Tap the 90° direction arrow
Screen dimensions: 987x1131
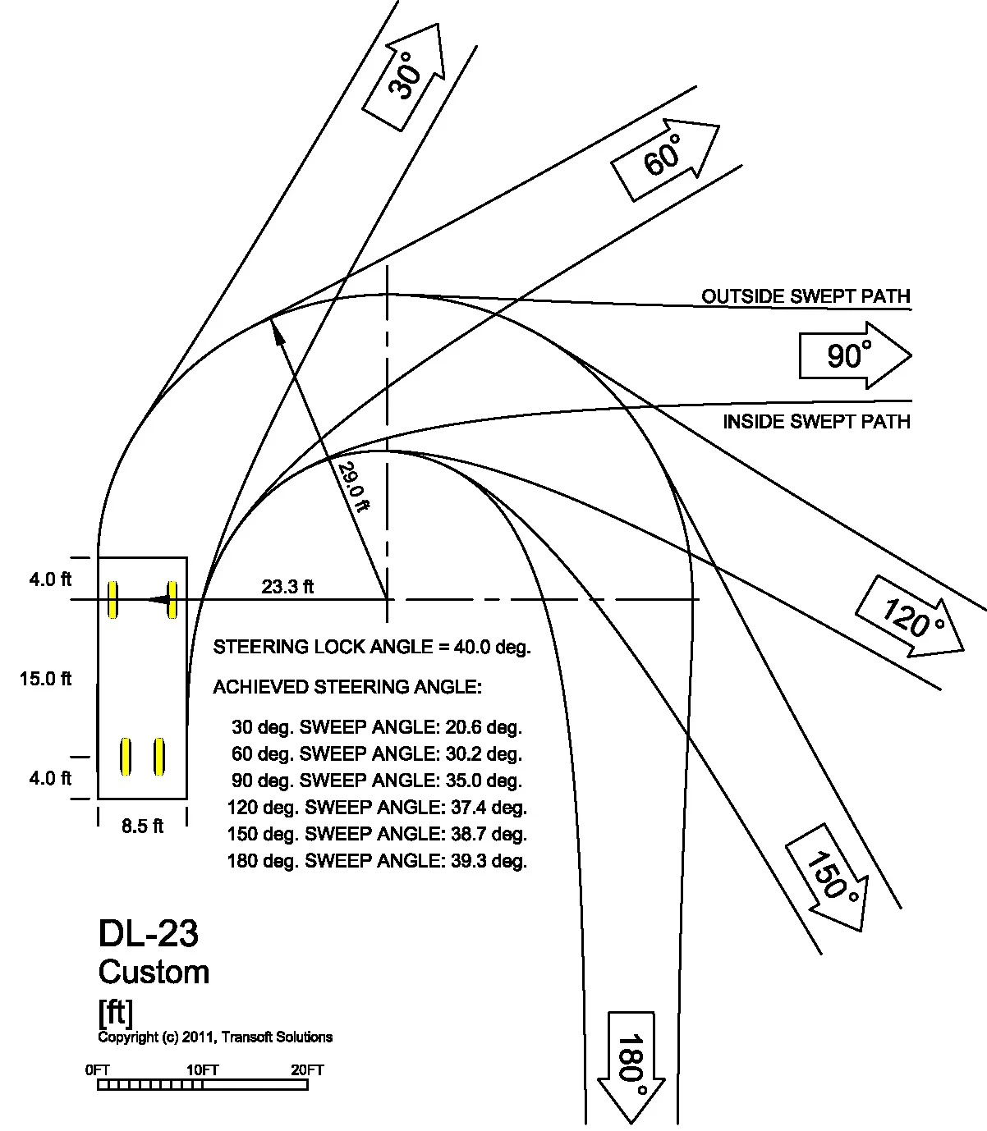(855, 355)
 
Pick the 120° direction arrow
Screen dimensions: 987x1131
(911, 617)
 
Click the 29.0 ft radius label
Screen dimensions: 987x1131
(354, 487)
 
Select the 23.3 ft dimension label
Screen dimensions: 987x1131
(287, 587)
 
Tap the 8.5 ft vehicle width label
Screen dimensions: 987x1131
(142, 826)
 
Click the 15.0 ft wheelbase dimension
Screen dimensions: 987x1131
(45, 678)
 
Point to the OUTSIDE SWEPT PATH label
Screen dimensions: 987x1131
(806, 296)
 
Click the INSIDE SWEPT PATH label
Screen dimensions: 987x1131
(817, 422)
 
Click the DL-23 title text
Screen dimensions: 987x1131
(148, 934)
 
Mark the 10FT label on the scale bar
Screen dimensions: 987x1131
(202, 1070)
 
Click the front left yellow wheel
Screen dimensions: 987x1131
(112, 599)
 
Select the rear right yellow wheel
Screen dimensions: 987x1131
(159, 756)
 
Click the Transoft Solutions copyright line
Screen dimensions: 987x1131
(215, 1037)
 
